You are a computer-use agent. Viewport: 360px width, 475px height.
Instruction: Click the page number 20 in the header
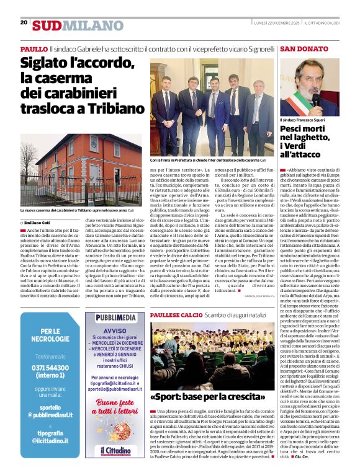tap(24, 22)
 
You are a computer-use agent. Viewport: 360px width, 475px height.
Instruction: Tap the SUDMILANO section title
tap(70, 25)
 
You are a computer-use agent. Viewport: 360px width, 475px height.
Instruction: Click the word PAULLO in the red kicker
tap(34, 48)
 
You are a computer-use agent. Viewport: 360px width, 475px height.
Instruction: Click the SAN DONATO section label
tap(304, 48)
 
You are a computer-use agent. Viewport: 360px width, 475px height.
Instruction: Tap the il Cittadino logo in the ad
tap(115, 447)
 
